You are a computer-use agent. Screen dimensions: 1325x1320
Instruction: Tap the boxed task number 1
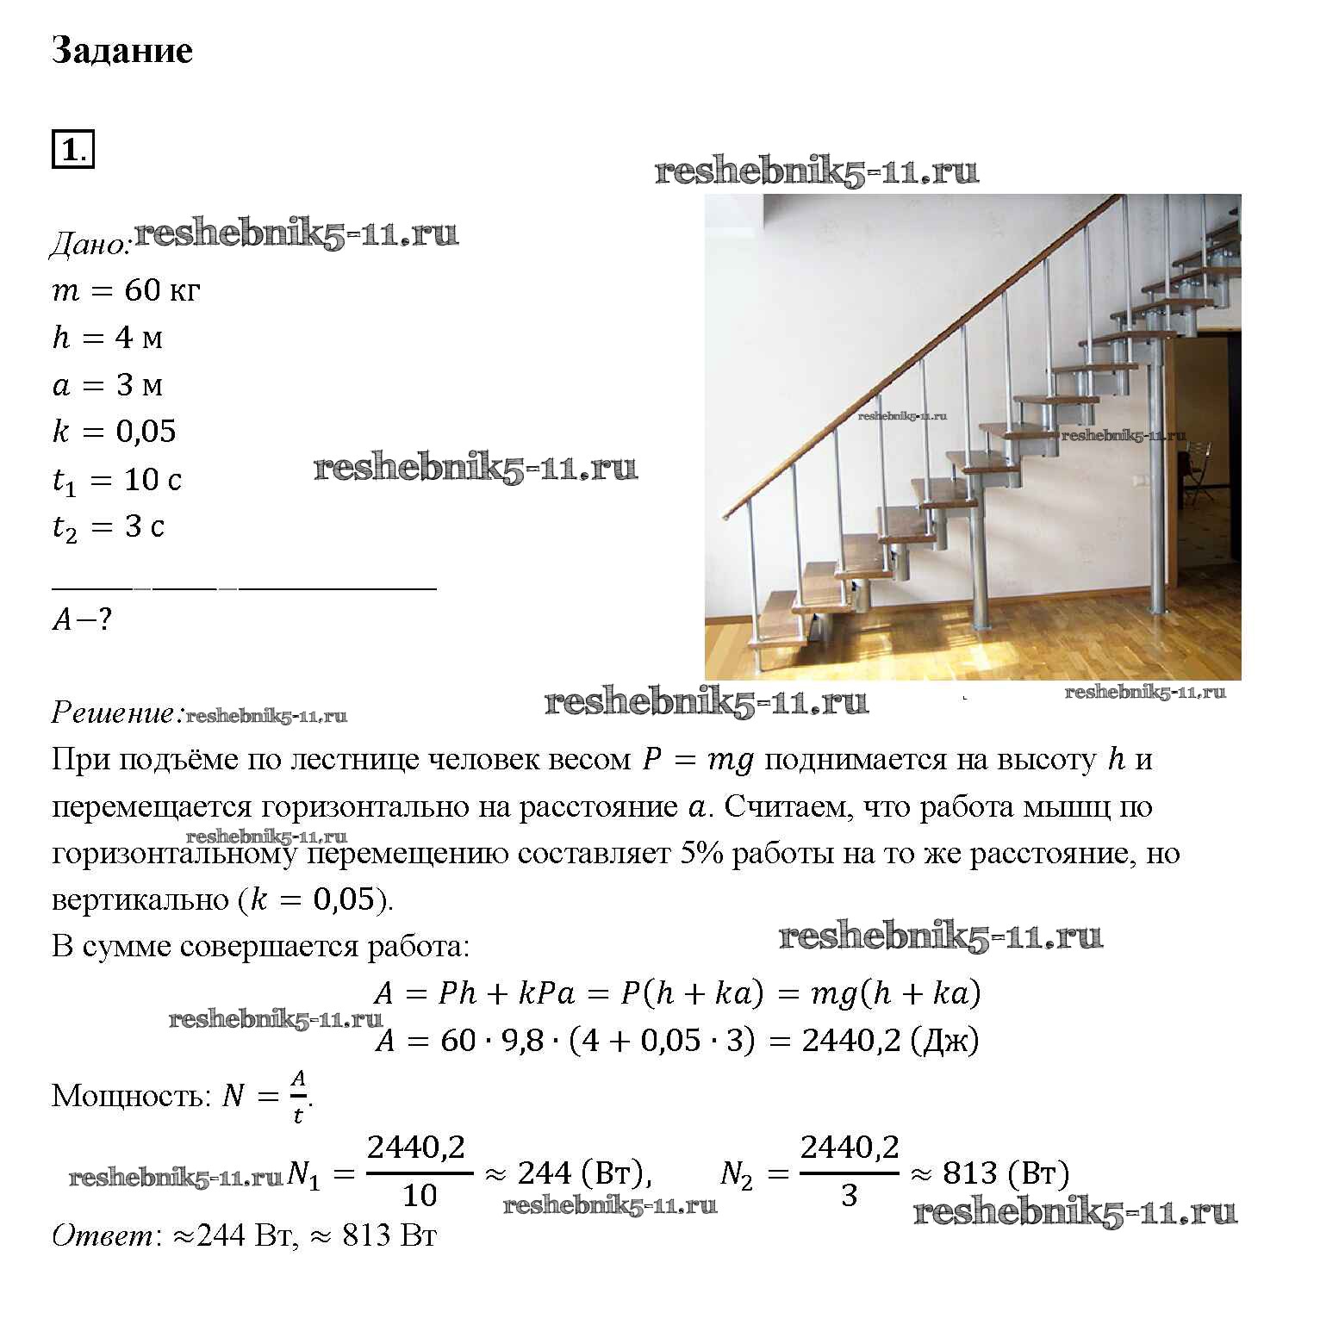pos(72,150)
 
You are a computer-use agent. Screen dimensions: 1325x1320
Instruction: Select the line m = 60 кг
pos(126,290)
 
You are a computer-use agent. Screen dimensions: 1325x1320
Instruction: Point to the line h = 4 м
pos(107,338)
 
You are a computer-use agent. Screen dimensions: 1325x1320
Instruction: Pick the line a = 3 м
pos(107,384)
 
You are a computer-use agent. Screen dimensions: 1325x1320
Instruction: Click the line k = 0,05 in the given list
pos(114,431)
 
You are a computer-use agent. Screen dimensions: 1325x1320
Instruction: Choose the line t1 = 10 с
pos(117,480)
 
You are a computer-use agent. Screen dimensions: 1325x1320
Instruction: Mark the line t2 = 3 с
pos(109,526)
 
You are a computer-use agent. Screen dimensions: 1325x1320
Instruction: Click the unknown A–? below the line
pos(82,619)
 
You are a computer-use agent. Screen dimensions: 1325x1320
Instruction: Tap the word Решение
pos(116,712)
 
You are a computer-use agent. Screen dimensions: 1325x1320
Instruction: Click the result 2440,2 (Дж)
pos(889,1041)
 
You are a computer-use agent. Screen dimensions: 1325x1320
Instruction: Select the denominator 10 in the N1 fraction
pos(420,1196)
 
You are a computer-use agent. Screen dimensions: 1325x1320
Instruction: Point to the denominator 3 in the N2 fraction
pos(849,1196)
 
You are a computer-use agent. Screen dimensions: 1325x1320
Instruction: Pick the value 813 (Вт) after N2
pos(1006,1173)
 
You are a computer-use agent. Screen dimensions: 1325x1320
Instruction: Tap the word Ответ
pos(103,1235)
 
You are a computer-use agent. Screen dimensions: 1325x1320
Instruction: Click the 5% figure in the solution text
pos(701,854)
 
